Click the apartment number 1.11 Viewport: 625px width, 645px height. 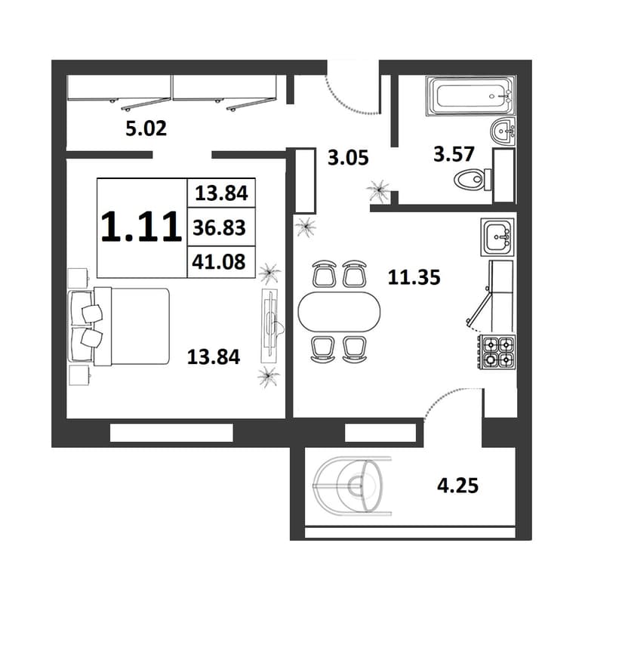point(141,227)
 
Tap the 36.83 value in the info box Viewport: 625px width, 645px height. point(219,227)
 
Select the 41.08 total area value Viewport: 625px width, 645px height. point(219,261)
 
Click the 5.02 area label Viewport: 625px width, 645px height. point(146,128)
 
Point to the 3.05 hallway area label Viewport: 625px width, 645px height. point(348,158)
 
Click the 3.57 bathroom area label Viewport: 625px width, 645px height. point(454,154)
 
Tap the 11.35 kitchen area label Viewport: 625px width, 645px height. point(414,277)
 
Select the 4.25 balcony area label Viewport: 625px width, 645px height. point(457,486)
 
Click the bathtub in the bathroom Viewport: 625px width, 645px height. point(470,96)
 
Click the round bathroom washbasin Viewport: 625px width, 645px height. point(503,131)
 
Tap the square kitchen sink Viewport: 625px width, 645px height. point(497,237)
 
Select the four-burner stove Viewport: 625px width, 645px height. point(496,353)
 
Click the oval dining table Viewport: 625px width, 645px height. point(339,312)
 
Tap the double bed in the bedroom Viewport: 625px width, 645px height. point(120,326)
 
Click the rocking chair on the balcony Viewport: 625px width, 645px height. point(352,486)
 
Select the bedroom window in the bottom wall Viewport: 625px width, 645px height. point(171,433)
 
